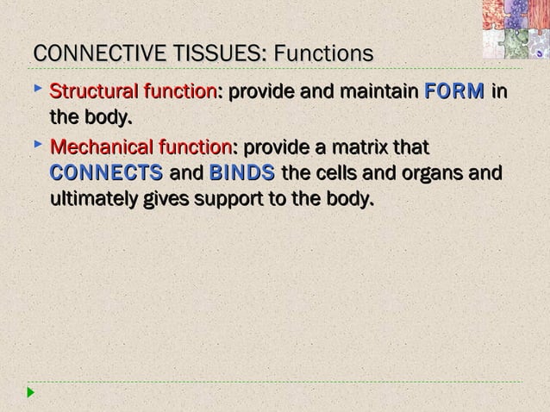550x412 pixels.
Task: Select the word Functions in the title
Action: tap(322, 54)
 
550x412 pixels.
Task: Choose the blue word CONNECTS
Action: tap(107, 173)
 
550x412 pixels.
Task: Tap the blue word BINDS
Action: tap(242, 173)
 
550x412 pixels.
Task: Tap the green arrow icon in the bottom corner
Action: tap(31, 393)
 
